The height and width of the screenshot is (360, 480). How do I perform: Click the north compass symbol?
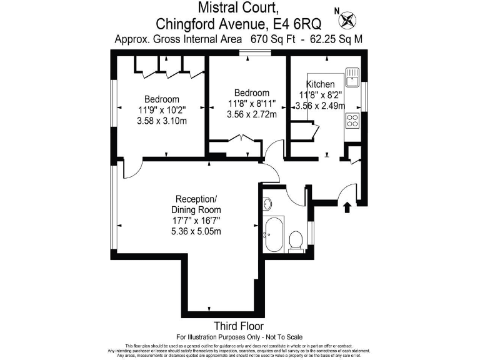(347, 19)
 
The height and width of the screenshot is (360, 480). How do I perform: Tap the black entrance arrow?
(347, 207)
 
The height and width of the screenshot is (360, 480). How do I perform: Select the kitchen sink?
(352, 76)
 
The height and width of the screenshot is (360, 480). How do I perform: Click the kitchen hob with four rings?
(352, 120)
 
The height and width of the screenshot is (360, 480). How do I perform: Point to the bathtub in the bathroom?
(274, 234)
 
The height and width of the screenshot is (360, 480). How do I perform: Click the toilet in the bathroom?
(297, 239)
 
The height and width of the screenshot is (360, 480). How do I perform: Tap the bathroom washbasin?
(267, 204)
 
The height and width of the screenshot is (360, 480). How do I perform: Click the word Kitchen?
(320, 84)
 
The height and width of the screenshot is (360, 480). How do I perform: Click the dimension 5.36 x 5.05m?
(196, 231)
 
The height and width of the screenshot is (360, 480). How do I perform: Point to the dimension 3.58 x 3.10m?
(161, 121)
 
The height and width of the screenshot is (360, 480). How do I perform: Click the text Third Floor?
(239, 326)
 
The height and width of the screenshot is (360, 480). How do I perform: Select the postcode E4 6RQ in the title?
(297, 24)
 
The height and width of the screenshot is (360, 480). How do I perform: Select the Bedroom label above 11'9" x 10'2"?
(161, 99)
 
